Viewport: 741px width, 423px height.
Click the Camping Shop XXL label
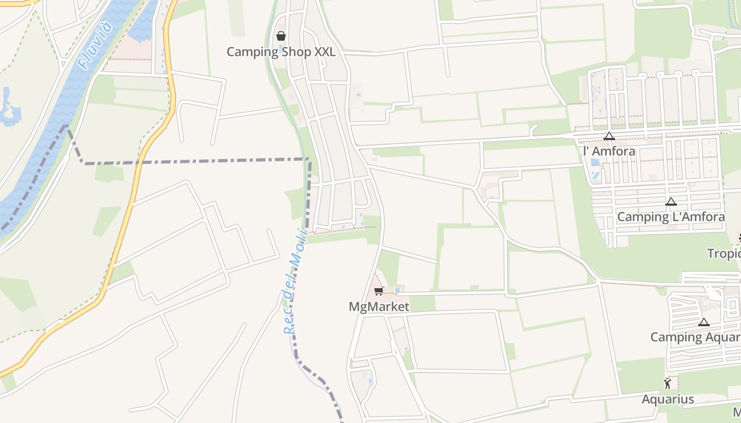tap(281, 52)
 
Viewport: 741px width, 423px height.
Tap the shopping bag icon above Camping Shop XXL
tap(281, 36)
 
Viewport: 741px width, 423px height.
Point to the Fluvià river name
tap(96, 45)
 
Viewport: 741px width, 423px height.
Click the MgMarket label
tap(379, 307)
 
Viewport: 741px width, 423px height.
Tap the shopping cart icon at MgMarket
tap(378, 291)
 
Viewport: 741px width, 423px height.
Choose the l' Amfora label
tap(609, 151)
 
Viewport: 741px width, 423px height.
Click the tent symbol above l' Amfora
tap(609, 136)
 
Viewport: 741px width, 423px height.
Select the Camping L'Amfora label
tap(671, 217)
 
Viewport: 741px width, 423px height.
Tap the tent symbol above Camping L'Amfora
tap(671, 201)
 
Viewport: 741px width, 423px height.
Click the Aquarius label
tap(667, 399)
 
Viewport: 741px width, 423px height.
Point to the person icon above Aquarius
tap(667, 383)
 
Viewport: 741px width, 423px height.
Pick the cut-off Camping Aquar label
tap(695, 337)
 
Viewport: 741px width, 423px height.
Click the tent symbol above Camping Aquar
tap(703, 322)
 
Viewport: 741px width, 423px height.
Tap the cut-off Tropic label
tap(724, 254)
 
